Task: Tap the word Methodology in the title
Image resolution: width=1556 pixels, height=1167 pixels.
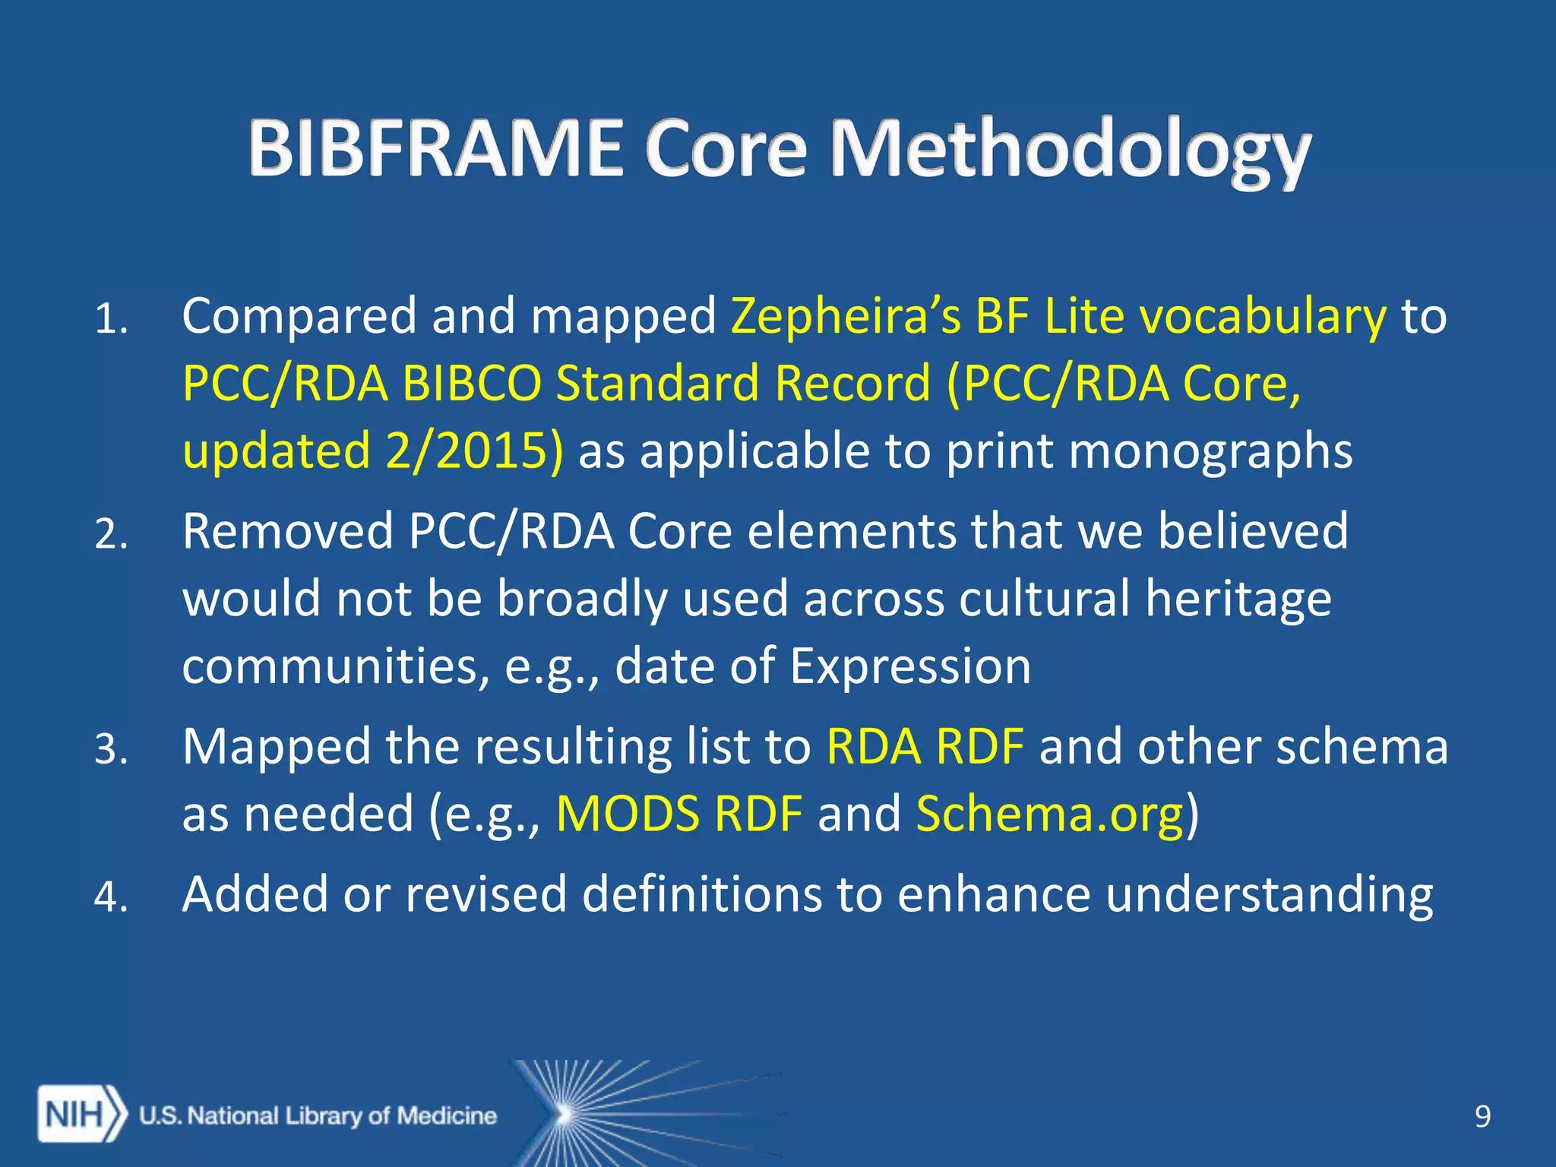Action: click(1070, 150)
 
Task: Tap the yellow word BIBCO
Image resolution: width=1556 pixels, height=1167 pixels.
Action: click(471, 383)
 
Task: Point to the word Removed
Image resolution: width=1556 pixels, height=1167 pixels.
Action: click(287, 530)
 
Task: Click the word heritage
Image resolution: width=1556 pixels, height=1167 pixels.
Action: click(1238, 599)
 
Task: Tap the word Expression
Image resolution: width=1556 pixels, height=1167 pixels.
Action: click(909, 666)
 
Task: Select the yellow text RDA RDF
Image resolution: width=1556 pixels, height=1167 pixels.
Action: click(925, 746)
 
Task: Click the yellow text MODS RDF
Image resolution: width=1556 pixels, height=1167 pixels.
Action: click(679, 814)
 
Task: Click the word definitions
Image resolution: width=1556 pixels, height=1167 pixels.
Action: click(702, 893)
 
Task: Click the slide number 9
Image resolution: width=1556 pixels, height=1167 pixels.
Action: click(1482, 1116)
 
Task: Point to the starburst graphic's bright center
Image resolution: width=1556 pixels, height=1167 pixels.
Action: click(563, 1115)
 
